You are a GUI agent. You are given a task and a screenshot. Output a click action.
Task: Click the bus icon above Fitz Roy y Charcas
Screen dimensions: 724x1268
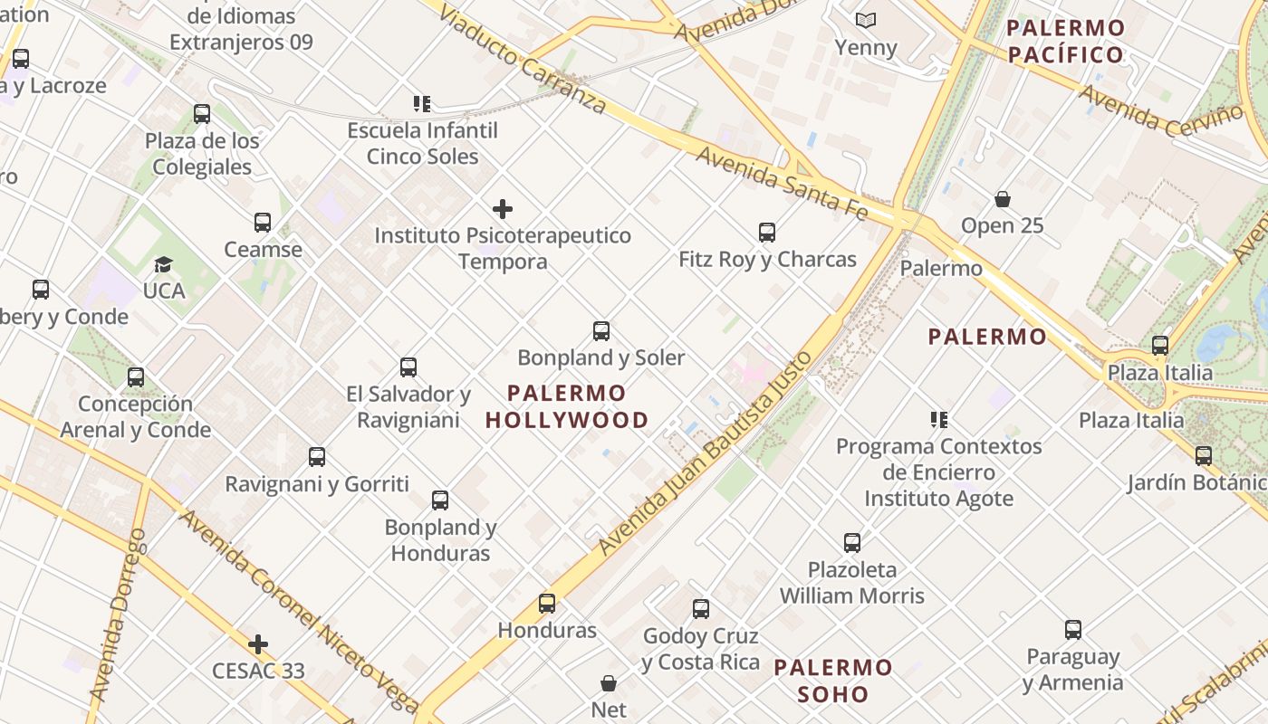767,233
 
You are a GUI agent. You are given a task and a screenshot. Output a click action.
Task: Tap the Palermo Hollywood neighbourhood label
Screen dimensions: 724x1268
567,406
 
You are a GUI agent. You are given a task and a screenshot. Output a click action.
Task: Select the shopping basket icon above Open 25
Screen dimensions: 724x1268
1003,198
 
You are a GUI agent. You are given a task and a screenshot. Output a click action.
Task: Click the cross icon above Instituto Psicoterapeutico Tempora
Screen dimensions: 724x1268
503,209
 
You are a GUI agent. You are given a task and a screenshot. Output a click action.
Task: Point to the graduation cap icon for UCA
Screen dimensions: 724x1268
163,264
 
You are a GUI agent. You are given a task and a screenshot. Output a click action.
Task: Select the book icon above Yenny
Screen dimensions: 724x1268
866,20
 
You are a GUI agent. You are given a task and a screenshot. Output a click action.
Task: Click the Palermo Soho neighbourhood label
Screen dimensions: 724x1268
833,681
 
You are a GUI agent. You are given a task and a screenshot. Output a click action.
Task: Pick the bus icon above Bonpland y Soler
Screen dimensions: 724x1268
601,331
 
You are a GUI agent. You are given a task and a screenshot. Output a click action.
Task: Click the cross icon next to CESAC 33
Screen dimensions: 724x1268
258,644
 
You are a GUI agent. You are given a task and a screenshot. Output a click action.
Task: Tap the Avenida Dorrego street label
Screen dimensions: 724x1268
117,615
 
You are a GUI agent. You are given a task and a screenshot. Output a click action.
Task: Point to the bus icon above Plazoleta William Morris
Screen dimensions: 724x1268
852,543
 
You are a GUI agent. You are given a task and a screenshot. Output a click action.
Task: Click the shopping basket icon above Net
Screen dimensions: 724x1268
609,683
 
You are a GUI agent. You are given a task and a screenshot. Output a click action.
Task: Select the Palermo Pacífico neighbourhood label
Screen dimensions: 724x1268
1065,41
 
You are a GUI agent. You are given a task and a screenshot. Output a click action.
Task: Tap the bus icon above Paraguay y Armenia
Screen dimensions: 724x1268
1073,630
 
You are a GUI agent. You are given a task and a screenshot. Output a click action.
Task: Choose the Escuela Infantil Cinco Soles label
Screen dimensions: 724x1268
422,143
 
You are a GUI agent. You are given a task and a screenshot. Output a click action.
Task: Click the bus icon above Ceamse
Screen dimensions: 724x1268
263,223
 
